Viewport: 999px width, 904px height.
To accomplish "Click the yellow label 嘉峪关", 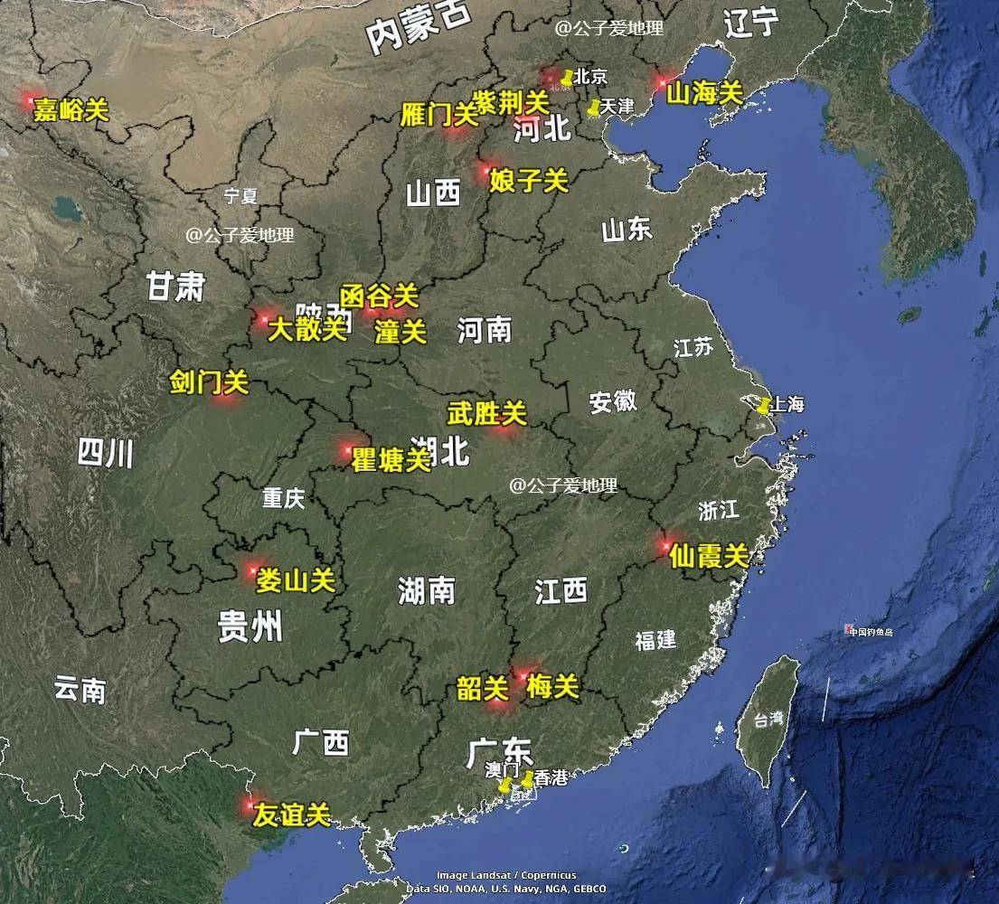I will (x=71, y=111).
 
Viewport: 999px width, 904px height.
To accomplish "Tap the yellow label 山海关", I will (x=704, y=92).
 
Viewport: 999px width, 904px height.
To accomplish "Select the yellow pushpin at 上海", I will (x=764, y=406).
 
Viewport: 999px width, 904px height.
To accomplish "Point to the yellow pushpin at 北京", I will (x=567, y=78).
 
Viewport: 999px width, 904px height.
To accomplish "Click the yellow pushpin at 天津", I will (x=593, y=108).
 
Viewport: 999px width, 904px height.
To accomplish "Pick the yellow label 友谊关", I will (x=292, y=815).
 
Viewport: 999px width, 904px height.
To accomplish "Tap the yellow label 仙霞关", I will (x=710, y=556).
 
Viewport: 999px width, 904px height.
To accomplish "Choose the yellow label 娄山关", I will (x=296, y=580).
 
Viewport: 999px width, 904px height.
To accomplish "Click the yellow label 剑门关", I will (x=209, y=383).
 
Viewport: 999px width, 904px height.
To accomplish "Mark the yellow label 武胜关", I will (x=486, y=414).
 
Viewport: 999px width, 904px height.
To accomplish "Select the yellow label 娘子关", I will (x=529, y=181).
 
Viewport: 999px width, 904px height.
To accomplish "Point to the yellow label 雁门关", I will (x=438, y=115).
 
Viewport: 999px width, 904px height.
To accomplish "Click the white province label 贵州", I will (x=250, y=626).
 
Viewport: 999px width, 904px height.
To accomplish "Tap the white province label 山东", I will (x=627, y=231).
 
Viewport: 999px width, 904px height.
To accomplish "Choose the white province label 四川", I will (x=106, y=453).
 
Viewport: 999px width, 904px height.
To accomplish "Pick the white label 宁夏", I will (x=241, y=195).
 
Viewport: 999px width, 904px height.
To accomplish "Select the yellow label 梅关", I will (x=552, y=687).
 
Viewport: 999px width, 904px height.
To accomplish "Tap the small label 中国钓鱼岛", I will (x=871, y=632).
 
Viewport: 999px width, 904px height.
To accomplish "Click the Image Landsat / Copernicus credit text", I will (x=506, y=875).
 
